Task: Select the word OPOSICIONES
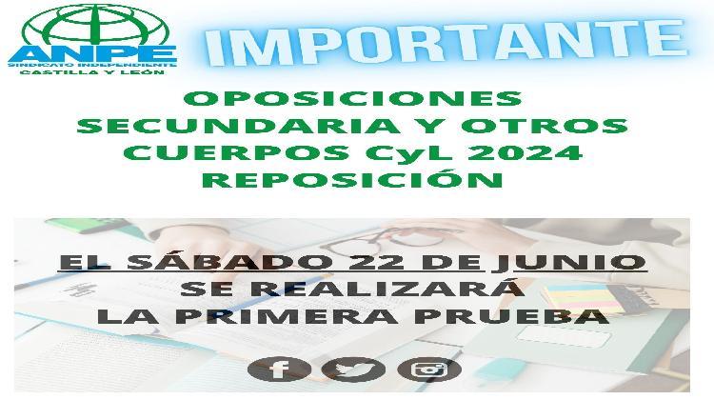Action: click(x=352, y=98)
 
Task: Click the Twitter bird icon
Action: click(x=353, y=369)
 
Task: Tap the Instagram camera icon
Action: click(x=428, y=369)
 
